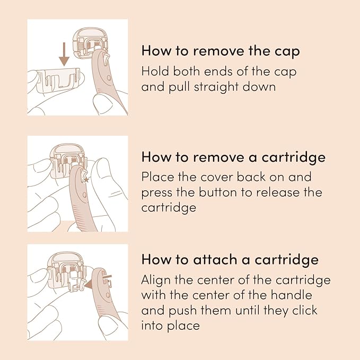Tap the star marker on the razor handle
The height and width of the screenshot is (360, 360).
(86, 180)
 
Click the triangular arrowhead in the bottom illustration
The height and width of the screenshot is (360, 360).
(89, 284)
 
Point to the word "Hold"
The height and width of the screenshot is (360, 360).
(155, 71)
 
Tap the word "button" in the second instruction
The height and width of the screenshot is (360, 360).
(217, 192)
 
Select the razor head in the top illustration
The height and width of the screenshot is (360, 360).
(90, 43)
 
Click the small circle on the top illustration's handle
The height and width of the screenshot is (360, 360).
(109, 78)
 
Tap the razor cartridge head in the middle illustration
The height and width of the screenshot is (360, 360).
(68, 161)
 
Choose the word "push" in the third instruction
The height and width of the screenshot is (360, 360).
(182, 311)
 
